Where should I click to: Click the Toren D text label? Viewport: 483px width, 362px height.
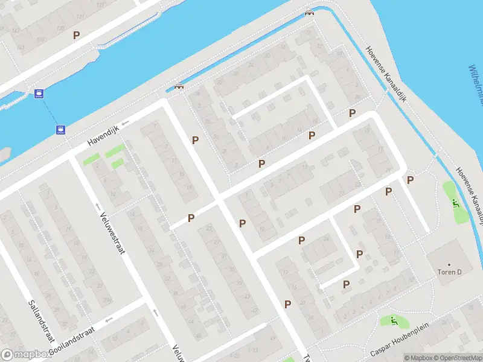point(449,272)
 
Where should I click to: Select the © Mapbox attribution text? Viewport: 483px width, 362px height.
point(420,358)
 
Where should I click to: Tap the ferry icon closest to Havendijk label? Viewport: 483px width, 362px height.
point(60,129)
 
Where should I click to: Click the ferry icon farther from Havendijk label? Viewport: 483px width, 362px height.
point(39,94)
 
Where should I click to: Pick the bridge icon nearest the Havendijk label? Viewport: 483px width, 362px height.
point(179,86)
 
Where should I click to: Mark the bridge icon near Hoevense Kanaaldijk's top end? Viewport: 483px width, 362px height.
point(310,13)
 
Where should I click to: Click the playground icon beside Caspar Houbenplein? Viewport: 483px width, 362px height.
point(393,320)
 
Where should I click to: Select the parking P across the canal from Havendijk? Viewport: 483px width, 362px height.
point(76,35)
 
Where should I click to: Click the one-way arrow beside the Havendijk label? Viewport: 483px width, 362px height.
point(125,124)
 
